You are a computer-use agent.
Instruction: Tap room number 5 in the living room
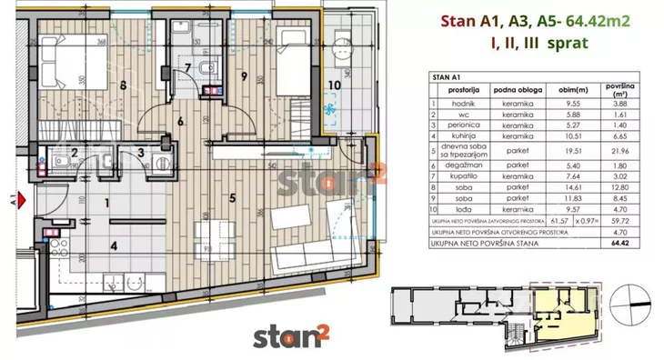pyautogui.click(x=233, y=196)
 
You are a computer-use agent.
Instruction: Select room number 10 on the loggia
pyautogui.click(x=335, y=86)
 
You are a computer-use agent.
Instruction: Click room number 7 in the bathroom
pyautogui.click(x=188, y=67)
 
